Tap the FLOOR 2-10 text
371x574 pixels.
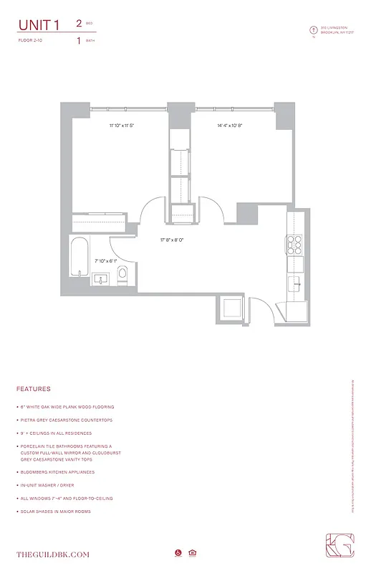coord(32,41)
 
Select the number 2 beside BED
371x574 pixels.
coord(78,24)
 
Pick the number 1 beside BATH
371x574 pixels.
coord(78,40)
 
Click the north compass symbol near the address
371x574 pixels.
coord(312,30)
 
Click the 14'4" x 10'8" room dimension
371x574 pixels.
coord(231,126)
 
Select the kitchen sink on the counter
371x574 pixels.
coord(294,284)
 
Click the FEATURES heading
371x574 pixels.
coord(34,389)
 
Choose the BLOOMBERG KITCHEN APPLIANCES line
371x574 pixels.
coord(65,472)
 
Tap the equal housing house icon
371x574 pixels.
coord(192,552)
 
